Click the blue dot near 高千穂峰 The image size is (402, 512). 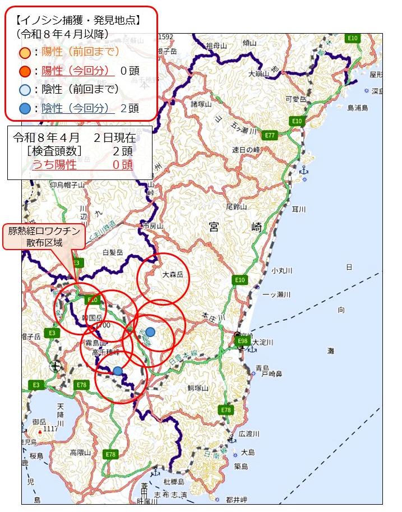point(117,371)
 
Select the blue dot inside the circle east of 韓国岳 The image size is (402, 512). point(150,331)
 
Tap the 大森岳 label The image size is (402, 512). point(173,275)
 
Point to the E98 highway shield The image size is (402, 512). point(243,340)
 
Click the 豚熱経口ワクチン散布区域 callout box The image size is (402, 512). point(44,236)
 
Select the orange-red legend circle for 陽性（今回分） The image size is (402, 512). point(25,71)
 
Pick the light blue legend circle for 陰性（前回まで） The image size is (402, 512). point(25,90)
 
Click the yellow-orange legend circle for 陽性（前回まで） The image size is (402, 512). point(25,53)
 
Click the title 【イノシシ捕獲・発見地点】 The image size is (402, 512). point(78,21)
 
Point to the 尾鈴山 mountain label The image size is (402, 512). point(235,207)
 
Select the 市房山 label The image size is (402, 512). point(153,226)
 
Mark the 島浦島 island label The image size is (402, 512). point(357,108)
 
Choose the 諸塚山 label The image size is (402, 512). point(201,104)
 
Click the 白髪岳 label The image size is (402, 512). point(113,253)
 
